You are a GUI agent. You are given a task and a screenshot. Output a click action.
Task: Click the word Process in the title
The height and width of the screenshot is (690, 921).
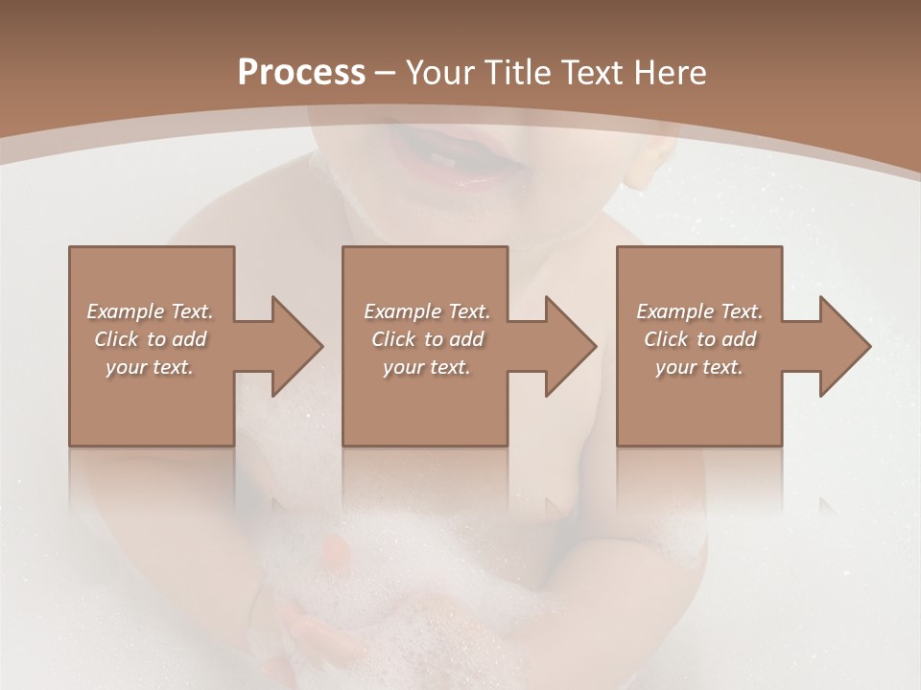pos(301,72)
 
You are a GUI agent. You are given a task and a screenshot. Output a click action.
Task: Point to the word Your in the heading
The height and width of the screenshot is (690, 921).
pos(440,72)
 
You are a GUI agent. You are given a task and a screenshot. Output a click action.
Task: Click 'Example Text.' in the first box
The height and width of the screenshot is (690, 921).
pos(151,311)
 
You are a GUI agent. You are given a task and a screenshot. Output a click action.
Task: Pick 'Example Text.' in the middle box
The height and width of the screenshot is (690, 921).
pos(427,311)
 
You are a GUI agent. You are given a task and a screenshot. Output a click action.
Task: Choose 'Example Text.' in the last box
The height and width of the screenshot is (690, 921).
pos(699,311)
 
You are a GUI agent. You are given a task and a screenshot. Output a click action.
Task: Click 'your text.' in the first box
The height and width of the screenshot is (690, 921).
pos(151,367)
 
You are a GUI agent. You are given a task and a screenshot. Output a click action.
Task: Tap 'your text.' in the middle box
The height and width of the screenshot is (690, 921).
pos(427,367)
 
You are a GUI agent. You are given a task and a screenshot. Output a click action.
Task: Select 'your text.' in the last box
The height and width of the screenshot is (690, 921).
pos(699,367)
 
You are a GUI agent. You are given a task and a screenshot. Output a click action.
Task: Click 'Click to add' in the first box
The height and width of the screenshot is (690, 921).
pos(151,339)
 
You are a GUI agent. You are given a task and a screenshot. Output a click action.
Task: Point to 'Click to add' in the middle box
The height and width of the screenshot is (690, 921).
pos(427,339)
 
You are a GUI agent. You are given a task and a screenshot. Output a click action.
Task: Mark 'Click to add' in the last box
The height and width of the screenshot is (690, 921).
pos(699,339)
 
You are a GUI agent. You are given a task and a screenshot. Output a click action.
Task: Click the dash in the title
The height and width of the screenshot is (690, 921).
pos(385,73)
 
